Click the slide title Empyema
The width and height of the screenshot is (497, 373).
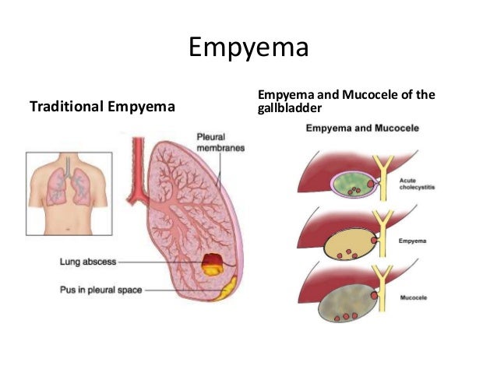pos(248,48)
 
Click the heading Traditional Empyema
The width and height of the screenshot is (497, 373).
pos(102,107)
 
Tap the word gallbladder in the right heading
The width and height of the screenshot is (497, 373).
pos(289,108)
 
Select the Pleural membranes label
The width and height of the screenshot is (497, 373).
pos(220,143)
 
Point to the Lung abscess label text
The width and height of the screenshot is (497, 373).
pos(88,262)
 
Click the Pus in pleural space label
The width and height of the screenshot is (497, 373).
pos(100,290)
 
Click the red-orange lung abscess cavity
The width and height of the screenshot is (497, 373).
pos(213,264)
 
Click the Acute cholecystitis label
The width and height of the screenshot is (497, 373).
pos(417,184)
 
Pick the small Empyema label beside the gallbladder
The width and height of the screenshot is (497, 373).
pos(412,241)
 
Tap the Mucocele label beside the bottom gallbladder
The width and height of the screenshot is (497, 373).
pos(414,297)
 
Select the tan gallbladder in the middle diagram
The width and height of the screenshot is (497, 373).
pos(350,245)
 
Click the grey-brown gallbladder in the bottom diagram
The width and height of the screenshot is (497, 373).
pos(348,303)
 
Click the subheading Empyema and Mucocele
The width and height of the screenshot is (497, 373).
pos(362,128)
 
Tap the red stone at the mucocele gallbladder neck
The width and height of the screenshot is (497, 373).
pos(375,296)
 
